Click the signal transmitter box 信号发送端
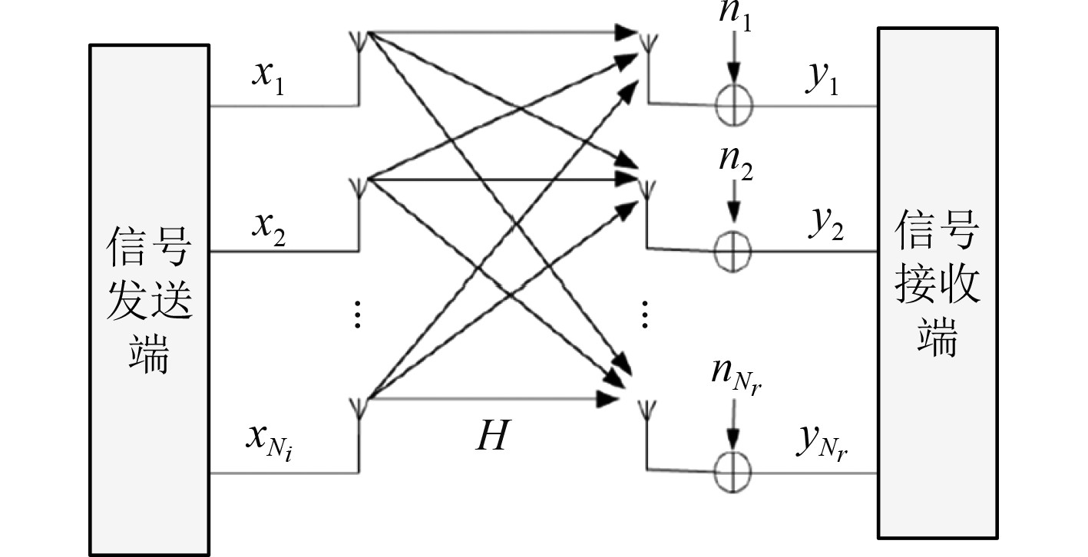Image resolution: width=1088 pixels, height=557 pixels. pyautogui.click(x=149, y=299)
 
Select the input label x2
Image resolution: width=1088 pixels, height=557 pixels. pyautogui.click(x=270, y=227)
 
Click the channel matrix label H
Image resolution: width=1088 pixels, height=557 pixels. pyautogui.click(x=491, y=437)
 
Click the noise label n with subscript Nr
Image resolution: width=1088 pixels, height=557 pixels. pyautogui.click(x=739, y=378)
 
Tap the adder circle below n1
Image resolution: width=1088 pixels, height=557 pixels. pyautogui.click(x=733, y=103)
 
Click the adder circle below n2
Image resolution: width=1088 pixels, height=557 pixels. pyautogui.click(x=733, y=250)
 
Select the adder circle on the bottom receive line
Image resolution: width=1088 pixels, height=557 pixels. pyautogui.click(x=733, y=471)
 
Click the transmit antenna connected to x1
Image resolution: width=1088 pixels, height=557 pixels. pyautogui.click(x=359, y=38)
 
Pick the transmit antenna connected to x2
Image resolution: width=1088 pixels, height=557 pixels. pyautogui.click(x=359, y=186)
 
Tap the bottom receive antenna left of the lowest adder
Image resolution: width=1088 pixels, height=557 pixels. pyautogui.click(x=647, y=410)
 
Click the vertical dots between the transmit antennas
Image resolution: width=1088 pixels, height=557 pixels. pyautogui.click(x=357, y=315)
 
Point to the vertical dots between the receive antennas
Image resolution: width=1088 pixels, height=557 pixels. pyautogui.click(x=646, y=315)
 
